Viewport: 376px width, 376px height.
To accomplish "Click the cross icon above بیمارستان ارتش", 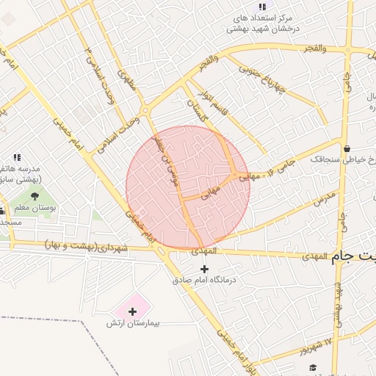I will (132, 311).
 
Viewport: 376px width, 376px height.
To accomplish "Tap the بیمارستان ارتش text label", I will (138, 323).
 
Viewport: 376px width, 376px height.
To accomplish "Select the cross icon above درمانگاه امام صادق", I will (204, 269).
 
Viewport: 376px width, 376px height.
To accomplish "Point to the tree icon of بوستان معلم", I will (35, 195).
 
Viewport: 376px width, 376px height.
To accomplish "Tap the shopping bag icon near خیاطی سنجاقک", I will (346, 149).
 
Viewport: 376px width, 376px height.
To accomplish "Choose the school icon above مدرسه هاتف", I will (17, 157).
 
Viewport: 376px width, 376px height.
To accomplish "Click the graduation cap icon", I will (313, 367).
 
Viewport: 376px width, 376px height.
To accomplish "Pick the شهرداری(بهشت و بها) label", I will (86, 245).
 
